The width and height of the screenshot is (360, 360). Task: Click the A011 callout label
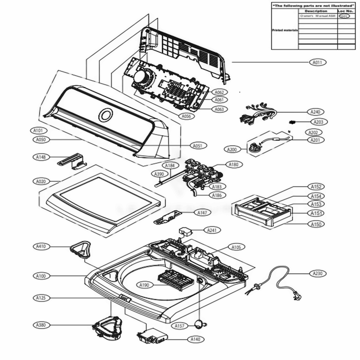click(x=317, y=62)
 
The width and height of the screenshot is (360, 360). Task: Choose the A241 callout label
click(x=212, y=230)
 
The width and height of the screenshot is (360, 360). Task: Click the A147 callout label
click(x=202, y=213)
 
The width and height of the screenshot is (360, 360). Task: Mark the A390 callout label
click(x=159, y=174)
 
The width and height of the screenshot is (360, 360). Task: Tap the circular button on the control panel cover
click(x=105, y=115)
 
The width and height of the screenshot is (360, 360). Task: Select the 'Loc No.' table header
click(x=346, y=11)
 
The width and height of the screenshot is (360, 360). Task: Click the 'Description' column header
click(x=316, y=11)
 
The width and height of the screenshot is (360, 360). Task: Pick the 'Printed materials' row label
click(x=284, y=31)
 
